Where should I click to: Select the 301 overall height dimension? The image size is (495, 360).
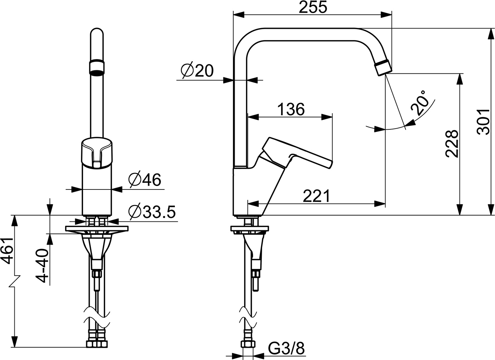tap(485, 121)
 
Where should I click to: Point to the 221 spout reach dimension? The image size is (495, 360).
tap(317, 196)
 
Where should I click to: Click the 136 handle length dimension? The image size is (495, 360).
tap(291, 109)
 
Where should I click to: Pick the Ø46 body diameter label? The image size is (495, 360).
tap(145, 180)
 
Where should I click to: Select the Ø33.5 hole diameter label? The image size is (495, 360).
tap(152, 212)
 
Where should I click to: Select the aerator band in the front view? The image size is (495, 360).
tap(97, 66)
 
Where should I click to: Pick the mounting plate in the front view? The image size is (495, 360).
tap(97, 229)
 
